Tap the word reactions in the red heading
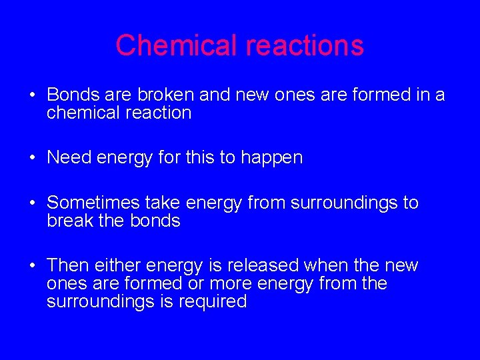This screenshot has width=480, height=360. [x=305, y=45]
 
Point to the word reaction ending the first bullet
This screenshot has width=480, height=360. [x=159, y=113]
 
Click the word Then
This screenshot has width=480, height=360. [x=67, y=265]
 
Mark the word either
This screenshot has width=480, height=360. [x=119, y=265]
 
